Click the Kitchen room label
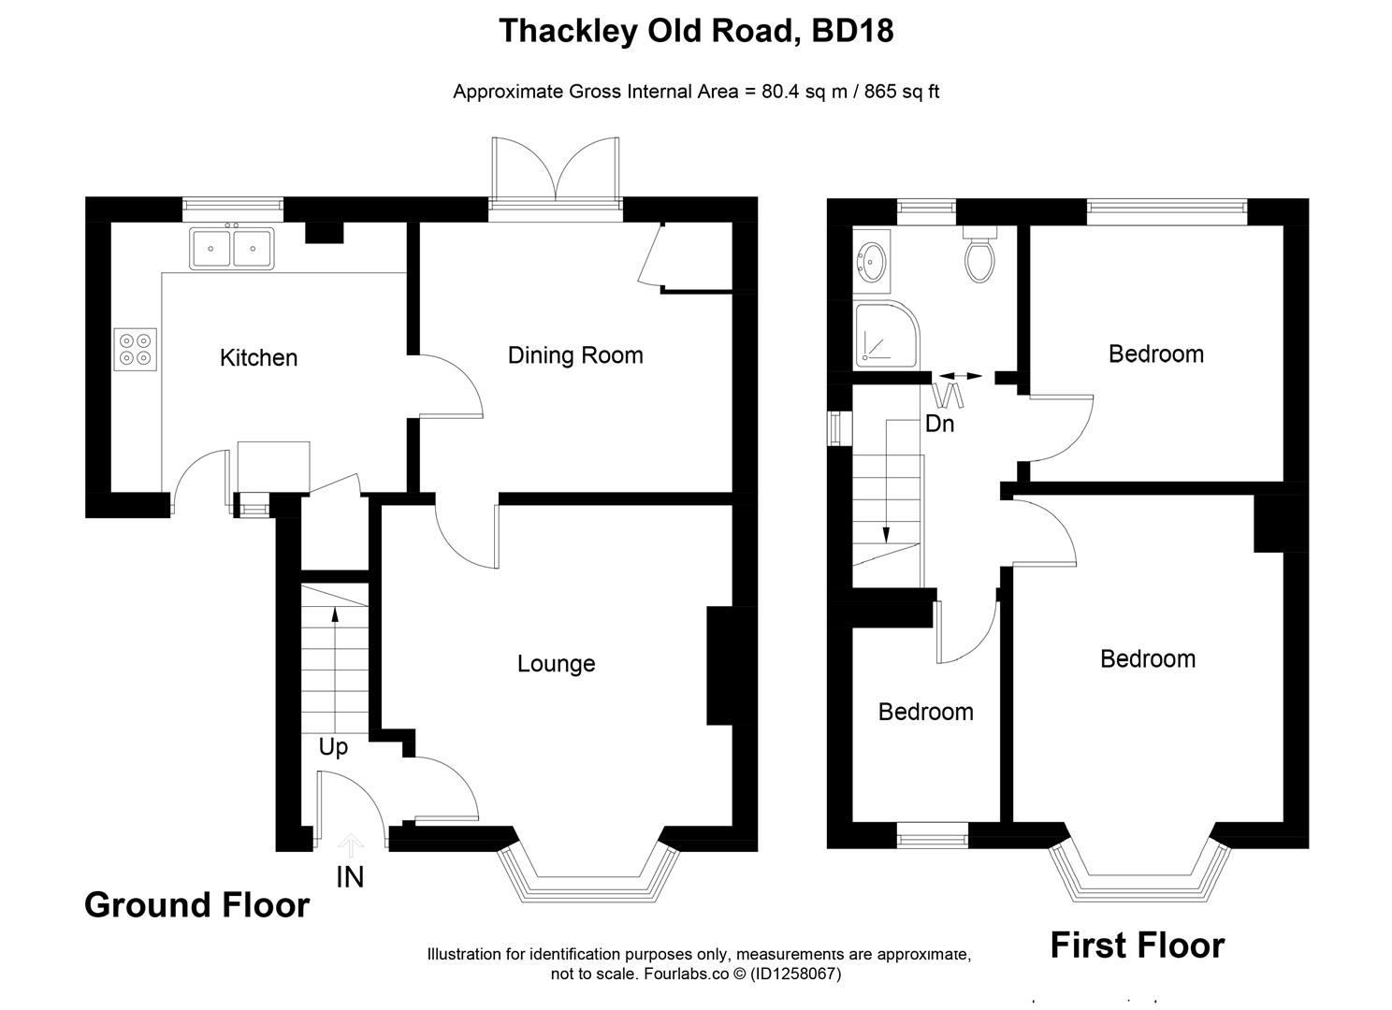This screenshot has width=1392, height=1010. click(x=258, y=357)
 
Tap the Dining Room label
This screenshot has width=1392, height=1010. click(x=574, y=355)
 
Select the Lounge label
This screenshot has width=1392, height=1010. click(x=556, y=664)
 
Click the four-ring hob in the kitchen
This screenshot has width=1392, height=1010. click(x=135, y=349)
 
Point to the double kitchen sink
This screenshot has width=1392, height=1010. click(x=232, y=249)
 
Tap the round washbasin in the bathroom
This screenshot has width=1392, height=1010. click(x=872, y=263)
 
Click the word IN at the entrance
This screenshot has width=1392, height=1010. click(x=350, y=877)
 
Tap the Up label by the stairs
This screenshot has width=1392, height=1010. click(x=333, y=747)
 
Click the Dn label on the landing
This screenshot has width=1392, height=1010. click(x=939, y=424)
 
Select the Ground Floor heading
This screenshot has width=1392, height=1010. click(x=196, y=905)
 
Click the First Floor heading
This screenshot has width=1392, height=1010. click(x=1137, y=945)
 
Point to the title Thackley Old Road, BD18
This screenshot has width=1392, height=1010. click(x=696, y=31)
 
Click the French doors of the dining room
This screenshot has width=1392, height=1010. click(x=556, y=178)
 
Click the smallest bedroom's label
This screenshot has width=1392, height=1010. click(x=925, y=713)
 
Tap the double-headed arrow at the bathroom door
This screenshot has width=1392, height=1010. click(x=961, y=376)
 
